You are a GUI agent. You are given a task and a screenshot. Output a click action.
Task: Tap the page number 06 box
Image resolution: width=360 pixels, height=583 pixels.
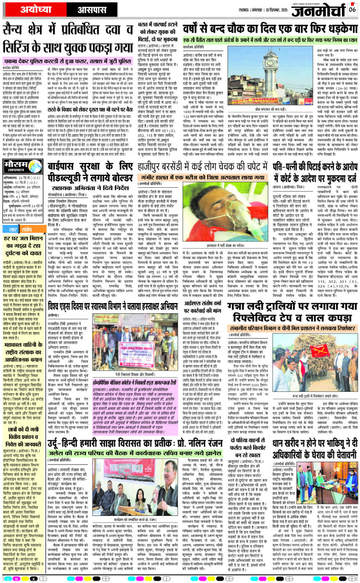point(352,9)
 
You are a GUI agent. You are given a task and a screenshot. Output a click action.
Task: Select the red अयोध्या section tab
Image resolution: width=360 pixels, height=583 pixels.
point(29,9)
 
